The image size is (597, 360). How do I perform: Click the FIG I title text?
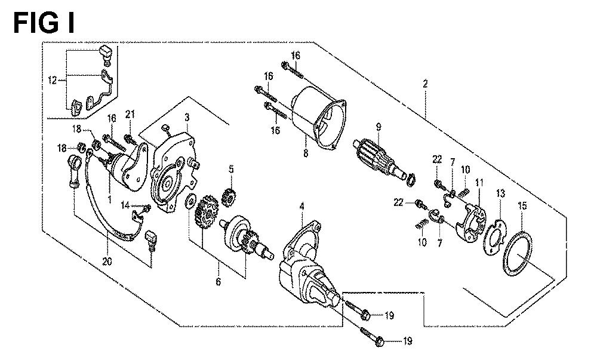(x=44, y=23)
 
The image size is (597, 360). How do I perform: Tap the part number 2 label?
(x=425, y=84)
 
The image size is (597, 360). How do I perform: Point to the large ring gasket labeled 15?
(x=518, y=254)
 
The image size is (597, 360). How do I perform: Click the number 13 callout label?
(x=500, y=193)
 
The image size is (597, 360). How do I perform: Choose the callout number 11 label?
(x=479, y=183)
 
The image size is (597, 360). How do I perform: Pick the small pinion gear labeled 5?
(x=229, y=197)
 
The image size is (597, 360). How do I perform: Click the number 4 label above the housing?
(x=302, y=207)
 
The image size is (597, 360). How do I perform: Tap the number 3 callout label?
(x=187, y=117)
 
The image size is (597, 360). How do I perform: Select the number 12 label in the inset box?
(x=53, y=80)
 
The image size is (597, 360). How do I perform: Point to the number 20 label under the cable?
(x=107, y=261)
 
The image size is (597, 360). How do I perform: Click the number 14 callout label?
(x=125, y=206)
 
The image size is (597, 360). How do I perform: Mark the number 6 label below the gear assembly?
(x=218, y=282)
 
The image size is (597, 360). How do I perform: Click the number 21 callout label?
(x=130, y=114)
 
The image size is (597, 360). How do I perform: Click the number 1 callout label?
(x=109, y=199)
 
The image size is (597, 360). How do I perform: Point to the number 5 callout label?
(x=231, y=169)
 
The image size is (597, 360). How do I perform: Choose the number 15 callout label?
(x=522, y=206)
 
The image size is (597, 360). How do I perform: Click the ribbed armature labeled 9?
(x=383, y=162)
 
